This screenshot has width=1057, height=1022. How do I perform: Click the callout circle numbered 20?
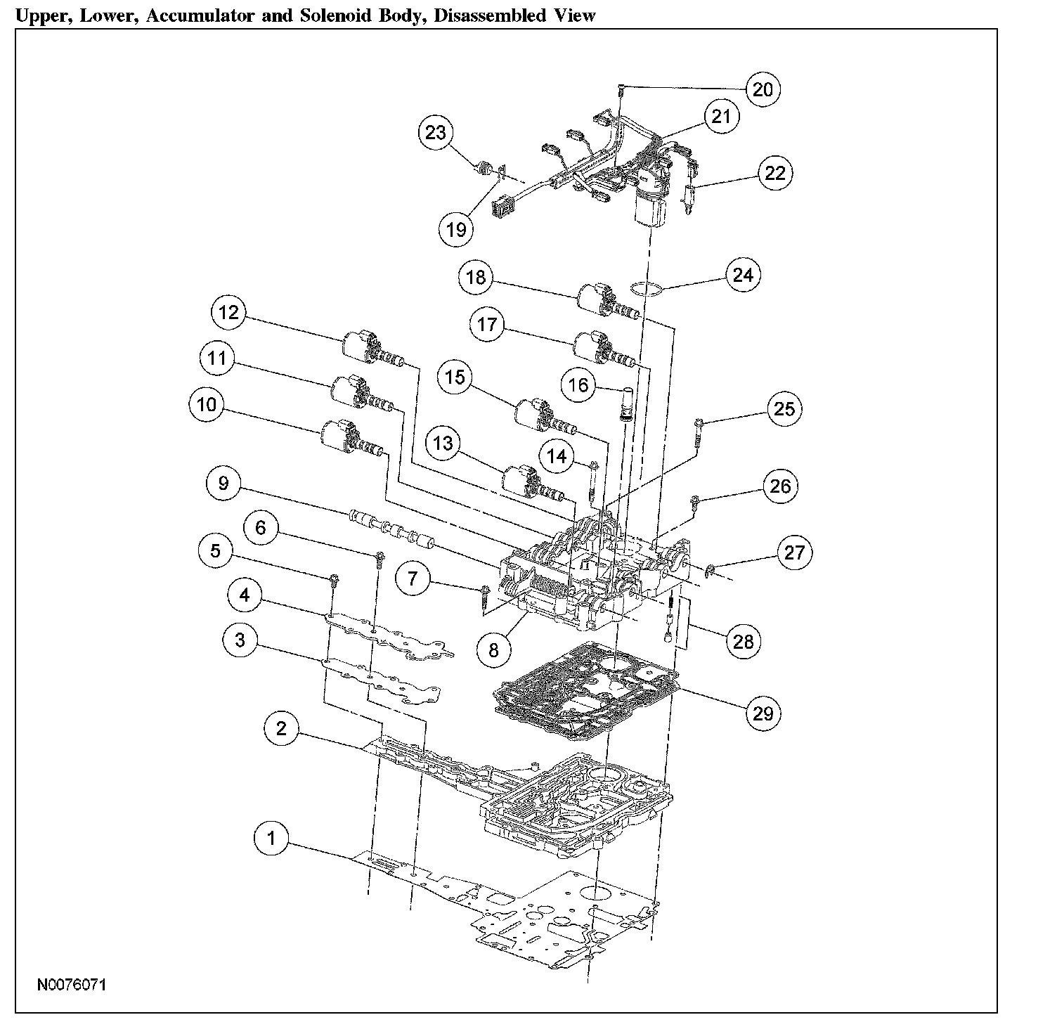(763, 89)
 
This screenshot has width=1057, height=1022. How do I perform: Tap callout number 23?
(436, 133)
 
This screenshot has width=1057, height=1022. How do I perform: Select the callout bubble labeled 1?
(272, 839)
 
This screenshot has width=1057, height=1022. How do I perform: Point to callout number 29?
(763, 714)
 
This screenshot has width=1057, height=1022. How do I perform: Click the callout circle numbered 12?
(229, 313)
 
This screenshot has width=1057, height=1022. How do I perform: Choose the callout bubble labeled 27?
(794, 552)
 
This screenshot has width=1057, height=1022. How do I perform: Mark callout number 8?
(493, 650)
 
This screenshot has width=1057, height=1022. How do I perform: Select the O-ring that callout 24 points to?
(647, 290)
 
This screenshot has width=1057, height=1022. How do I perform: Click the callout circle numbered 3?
(240, 640)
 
